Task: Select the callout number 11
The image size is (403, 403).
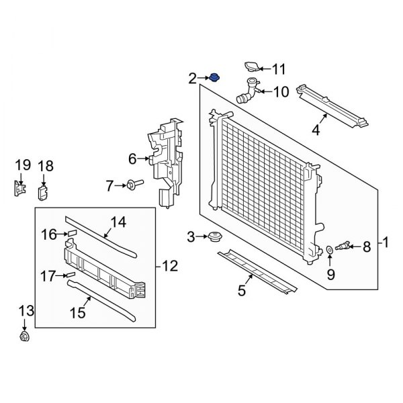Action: coord(279,69)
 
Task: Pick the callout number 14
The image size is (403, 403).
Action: coord(118,221)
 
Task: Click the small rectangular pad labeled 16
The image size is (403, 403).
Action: coord(71,234)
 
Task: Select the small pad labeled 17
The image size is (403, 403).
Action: coord(70,275)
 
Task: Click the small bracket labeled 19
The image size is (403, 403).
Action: coord(18,189)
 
